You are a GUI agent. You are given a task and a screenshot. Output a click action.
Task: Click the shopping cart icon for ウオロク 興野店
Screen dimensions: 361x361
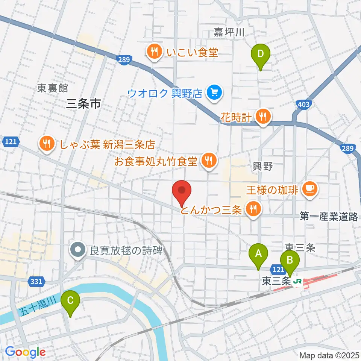coord(215,92)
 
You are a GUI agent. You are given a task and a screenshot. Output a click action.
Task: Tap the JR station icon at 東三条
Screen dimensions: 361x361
coord(298,281)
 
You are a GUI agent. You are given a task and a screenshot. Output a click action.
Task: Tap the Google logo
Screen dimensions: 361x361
coord(25,352)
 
